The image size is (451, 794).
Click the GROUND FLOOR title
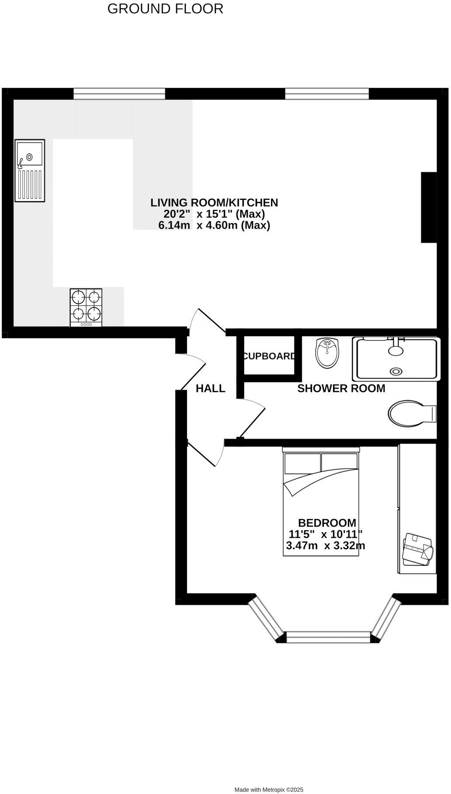[165, 9]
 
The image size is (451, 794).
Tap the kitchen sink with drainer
[30, 171]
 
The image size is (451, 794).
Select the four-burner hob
[86, 307]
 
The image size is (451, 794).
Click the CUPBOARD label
[269, 356]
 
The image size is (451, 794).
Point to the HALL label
[210, 388]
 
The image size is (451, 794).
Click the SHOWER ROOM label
[341, 388]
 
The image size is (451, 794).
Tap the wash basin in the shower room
[326, 353]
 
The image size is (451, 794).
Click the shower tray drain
[396, 371]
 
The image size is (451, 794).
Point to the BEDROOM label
[327, 522]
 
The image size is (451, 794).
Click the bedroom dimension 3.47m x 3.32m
[326, 546]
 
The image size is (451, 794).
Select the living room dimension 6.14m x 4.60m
[214, 225]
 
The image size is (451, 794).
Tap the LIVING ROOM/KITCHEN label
[214, 202]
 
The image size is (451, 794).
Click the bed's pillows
[321, 463]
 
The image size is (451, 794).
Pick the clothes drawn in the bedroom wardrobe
[418, 549]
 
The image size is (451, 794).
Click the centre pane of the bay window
[328, 637]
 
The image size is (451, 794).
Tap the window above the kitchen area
[119, 93]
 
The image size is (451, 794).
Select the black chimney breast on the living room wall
[429, 207]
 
